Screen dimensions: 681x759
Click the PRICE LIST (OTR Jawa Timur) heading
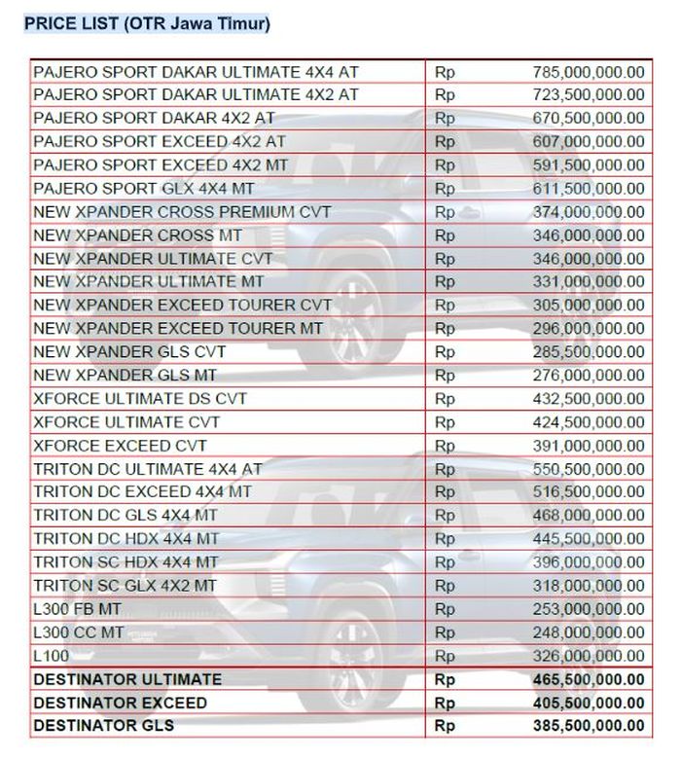[x=147, y=23]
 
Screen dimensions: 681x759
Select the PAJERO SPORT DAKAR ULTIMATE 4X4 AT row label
[x=196, y=71]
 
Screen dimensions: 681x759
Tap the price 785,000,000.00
[x=589, y=71]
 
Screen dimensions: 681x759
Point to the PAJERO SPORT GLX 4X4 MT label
[x=144, y=188]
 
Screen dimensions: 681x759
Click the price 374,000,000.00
[x=589, y=212]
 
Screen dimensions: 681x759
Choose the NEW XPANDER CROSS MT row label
[x=138, y=235]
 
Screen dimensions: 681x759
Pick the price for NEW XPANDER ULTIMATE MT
[x=589, y=282]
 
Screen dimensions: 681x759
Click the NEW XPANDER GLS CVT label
[x=129, y=351]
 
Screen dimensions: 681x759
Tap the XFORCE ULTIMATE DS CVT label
[x=140, y=399]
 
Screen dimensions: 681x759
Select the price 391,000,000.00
[x=589, y=446]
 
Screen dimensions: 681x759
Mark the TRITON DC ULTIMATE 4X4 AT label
[x=148, y=468]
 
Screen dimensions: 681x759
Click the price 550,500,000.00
[x=589, y=468]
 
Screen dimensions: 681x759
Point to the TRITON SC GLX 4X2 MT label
[x=125, y=586]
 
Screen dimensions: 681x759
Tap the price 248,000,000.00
[x=589, y=632]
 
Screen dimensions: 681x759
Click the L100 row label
[x=52, y=656]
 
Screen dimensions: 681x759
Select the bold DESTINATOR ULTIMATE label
[x=127, y=679]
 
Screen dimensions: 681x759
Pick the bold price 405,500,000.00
[x=589, y=703]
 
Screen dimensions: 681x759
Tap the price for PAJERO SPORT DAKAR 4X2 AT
[x=589, y=118]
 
